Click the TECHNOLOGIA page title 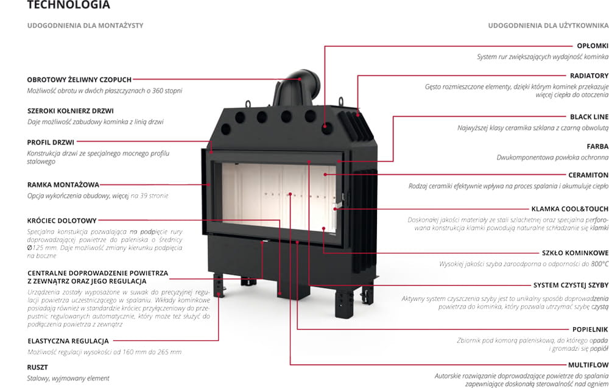[69, 5]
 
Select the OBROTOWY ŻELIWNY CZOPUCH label [79, 79]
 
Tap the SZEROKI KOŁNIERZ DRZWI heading [71, 111]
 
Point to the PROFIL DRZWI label [51, 143]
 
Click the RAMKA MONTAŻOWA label [63, 185]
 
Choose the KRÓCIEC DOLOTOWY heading [62, 220]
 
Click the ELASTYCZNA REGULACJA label [68, 341]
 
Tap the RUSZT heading [38, 367]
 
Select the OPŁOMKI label [592, 46]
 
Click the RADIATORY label [589, 76]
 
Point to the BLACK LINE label [589, 116]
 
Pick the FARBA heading [597, 146]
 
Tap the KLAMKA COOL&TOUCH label [569, 209]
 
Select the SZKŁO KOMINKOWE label [575, 252]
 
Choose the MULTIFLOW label [589, 365]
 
